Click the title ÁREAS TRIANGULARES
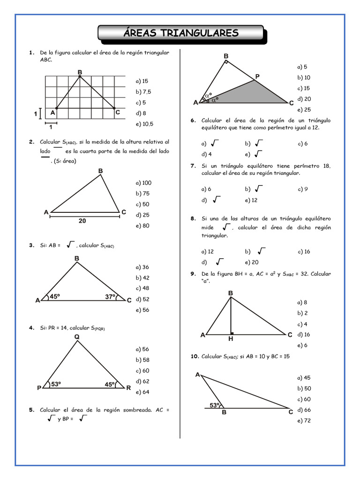(181, 33)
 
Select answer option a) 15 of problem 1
(142, 81)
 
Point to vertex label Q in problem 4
(76, 337)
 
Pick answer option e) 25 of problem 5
(304, 110)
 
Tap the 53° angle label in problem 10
(215, 405)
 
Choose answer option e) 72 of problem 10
(304, 420)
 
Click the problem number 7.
(193, 165)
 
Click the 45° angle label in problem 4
(110, 384)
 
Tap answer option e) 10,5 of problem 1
(144, 124)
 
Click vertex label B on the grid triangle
(80, 72)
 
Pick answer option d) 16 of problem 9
(304, 335)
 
